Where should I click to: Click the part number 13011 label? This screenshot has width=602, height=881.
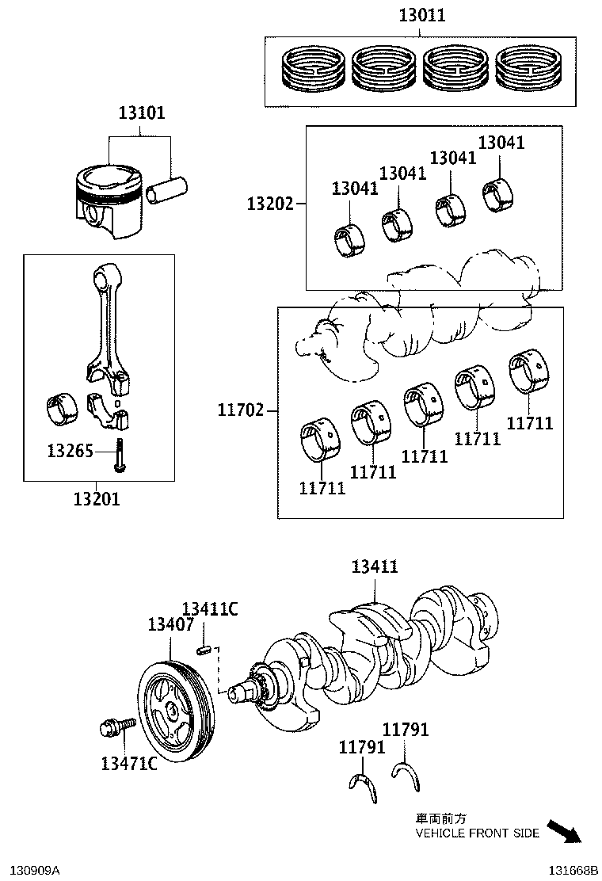(421, 14)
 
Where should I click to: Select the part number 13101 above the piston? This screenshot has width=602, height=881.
(143, 113)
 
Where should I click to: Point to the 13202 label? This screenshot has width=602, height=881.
(270, 204)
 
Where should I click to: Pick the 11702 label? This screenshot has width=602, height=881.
(242, 410)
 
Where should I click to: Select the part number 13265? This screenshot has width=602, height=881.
(70, 452)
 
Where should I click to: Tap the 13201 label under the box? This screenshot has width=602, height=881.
(97, 499)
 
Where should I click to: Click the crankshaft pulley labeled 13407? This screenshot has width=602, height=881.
(175, 707)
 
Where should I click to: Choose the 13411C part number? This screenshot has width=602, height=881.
(210, 609)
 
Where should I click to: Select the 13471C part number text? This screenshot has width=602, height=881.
(128, 764)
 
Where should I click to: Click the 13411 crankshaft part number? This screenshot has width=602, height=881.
(375, 566)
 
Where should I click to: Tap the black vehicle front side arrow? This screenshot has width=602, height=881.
(564, 831)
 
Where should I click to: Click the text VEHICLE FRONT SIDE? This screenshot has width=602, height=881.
(478, 833)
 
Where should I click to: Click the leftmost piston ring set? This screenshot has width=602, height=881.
(314, 67)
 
